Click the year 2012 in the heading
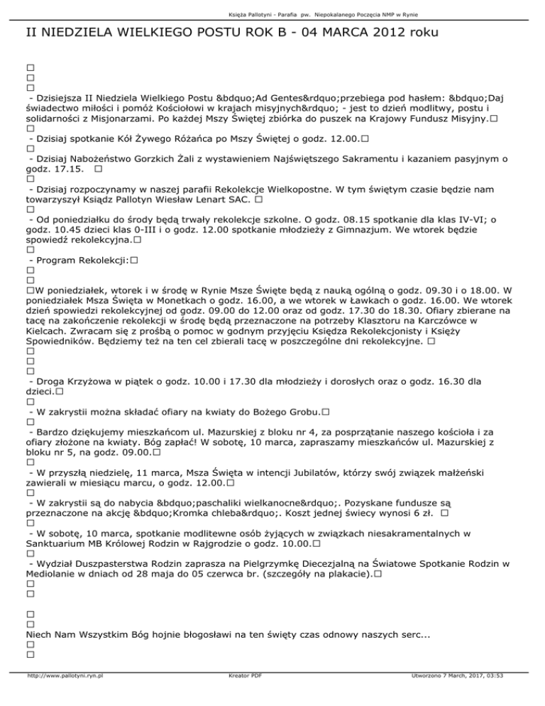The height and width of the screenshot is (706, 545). pos(384,33)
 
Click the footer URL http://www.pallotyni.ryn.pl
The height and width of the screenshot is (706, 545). pos(65,696)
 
